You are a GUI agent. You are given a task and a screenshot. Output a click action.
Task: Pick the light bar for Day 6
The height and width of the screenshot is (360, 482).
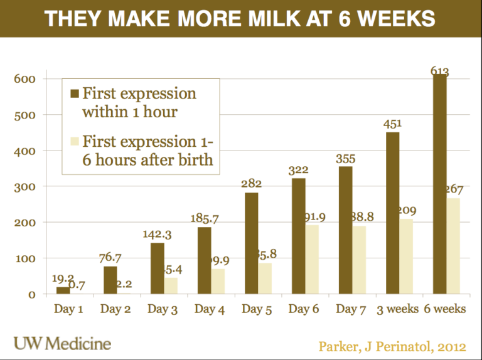tap(312, 260)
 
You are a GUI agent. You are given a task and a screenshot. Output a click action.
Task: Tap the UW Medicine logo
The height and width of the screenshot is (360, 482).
tap(62, 343)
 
